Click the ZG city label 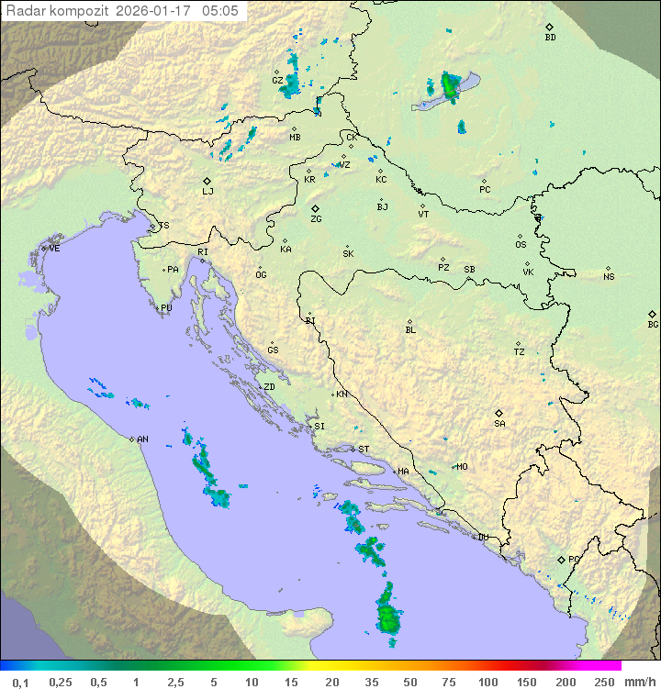(x=316, y=219)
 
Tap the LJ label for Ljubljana (x=207, y=192)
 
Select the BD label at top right (x=550, y=38)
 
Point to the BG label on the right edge (x=653, y=324)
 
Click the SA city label (x=499, y=423)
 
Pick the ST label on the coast (x=364, y=450)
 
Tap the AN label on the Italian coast (x=142, y=439)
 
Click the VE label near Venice (x=54, y=249)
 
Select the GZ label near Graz (x=277, y=81)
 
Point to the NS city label (x=609, y=277)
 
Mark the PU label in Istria (x=166, y=308)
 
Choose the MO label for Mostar (x=462, y=467)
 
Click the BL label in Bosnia (x=410, y=330)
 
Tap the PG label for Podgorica (x=574, y=559)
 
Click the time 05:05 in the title (x=221, y=11)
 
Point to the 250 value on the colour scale (x=603, y=682)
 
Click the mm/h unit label (x=639, y=682)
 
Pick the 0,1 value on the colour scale (x=20, y=682)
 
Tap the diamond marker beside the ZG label (x=315, y=208)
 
